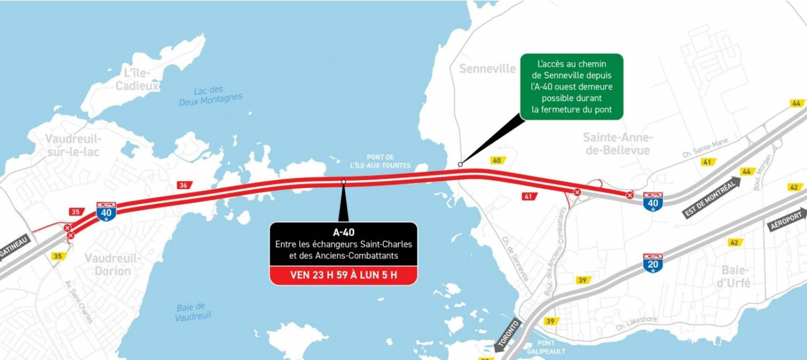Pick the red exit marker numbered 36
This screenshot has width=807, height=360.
pyautogui.click(x=183, y=185)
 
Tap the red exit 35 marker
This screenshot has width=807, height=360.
pyautogui.click(x=75, y=212)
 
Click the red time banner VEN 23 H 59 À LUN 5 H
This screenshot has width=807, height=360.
pyautogui.click(x=344, y=275)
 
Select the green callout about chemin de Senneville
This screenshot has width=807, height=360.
pyautogui.click(x=572, y=86)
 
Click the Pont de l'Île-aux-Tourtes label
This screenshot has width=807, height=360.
pyautogui.click(x=381, y=161)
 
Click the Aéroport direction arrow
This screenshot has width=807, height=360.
pyautogui.click(x=787, y=219)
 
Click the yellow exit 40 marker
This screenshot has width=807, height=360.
pyautogui.click(x=497, y=160)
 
